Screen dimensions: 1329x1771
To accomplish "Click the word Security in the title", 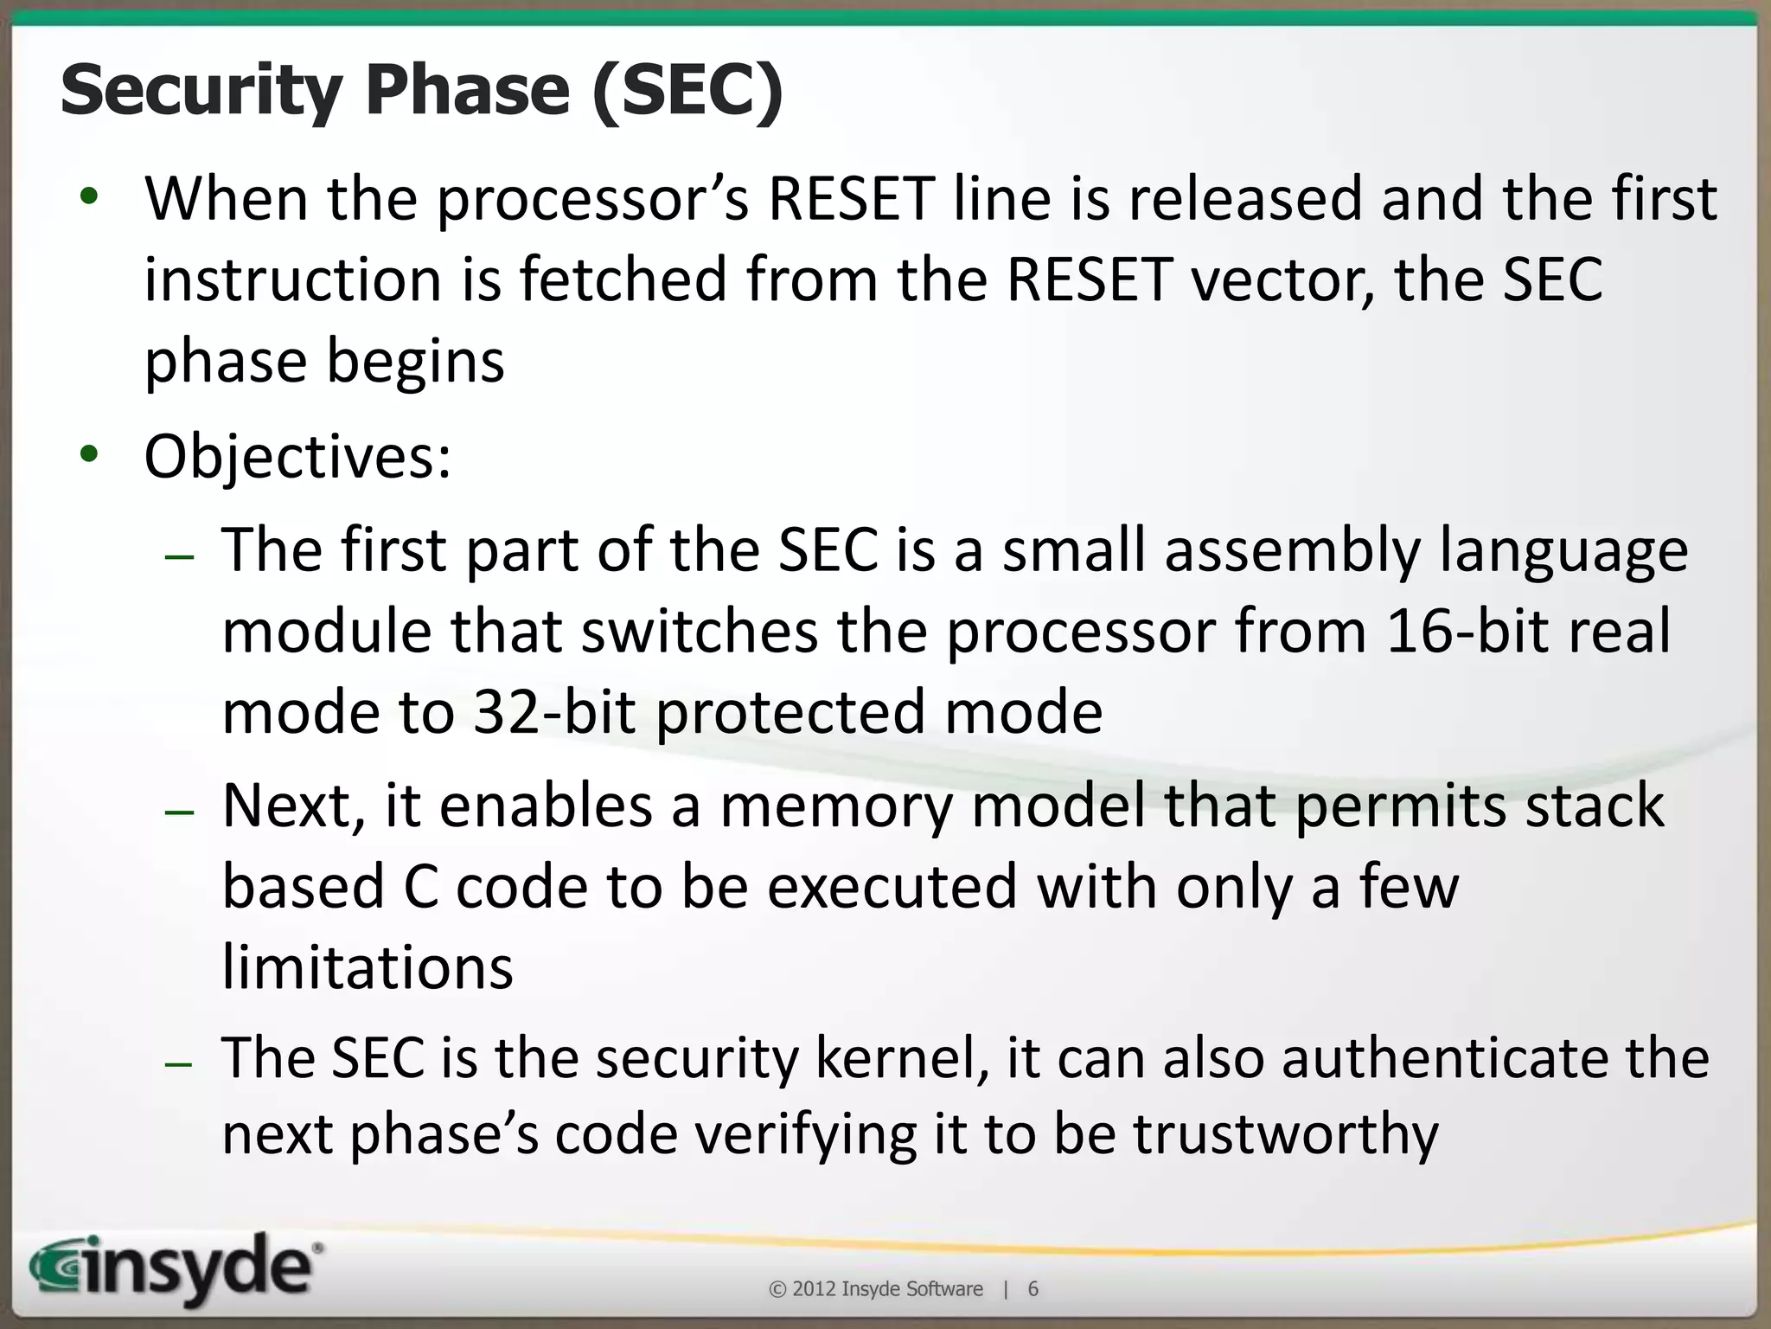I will pos(201,91).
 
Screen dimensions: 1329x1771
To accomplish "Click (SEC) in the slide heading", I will pos(687,91).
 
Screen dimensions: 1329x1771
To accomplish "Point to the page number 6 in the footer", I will pos(1033,1289).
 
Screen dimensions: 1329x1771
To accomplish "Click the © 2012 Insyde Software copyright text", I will pos(875,1289).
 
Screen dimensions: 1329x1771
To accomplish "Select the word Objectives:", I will pos(297,457).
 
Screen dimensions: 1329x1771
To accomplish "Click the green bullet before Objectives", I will pos(89,453).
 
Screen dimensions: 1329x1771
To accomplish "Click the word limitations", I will pos(368,966).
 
